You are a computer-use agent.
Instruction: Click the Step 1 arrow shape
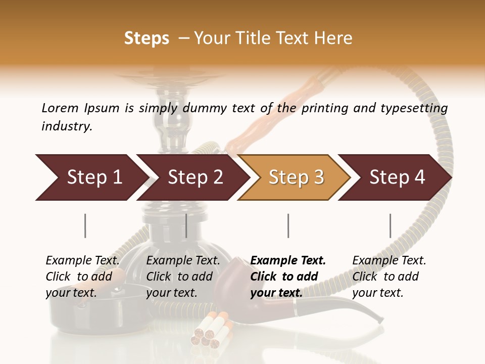[91, 177]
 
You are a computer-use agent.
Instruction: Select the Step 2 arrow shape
[195, 177]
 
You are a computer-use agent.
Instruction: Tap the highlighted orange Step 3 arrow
[296, 177]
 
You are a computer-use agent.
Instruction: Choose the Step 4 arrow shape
[397, 177]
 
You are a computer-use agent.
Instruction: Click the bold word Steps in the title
[147, 38]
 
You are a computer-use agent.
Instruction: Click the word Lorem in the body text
[60, 108]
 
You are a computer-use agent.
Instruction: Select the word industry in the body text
[67, 126]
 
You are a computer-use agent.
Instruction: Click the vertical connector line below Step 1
[85, 225]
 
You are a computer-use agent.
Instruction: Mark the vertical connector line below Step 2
[186, 225]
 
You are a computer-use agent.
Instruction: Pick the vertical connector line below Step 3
[288, 225]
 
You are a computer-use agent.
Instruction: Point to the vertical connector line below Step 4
[390, 225]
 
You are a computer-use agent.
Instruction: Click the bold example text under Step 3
[288, 277]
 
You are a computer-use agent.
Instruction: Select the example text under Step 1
[82, 277]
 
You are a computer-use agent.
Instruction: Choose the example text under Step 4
[389, 277]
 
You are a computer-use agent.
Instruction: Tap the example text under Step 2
[183, 277]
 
